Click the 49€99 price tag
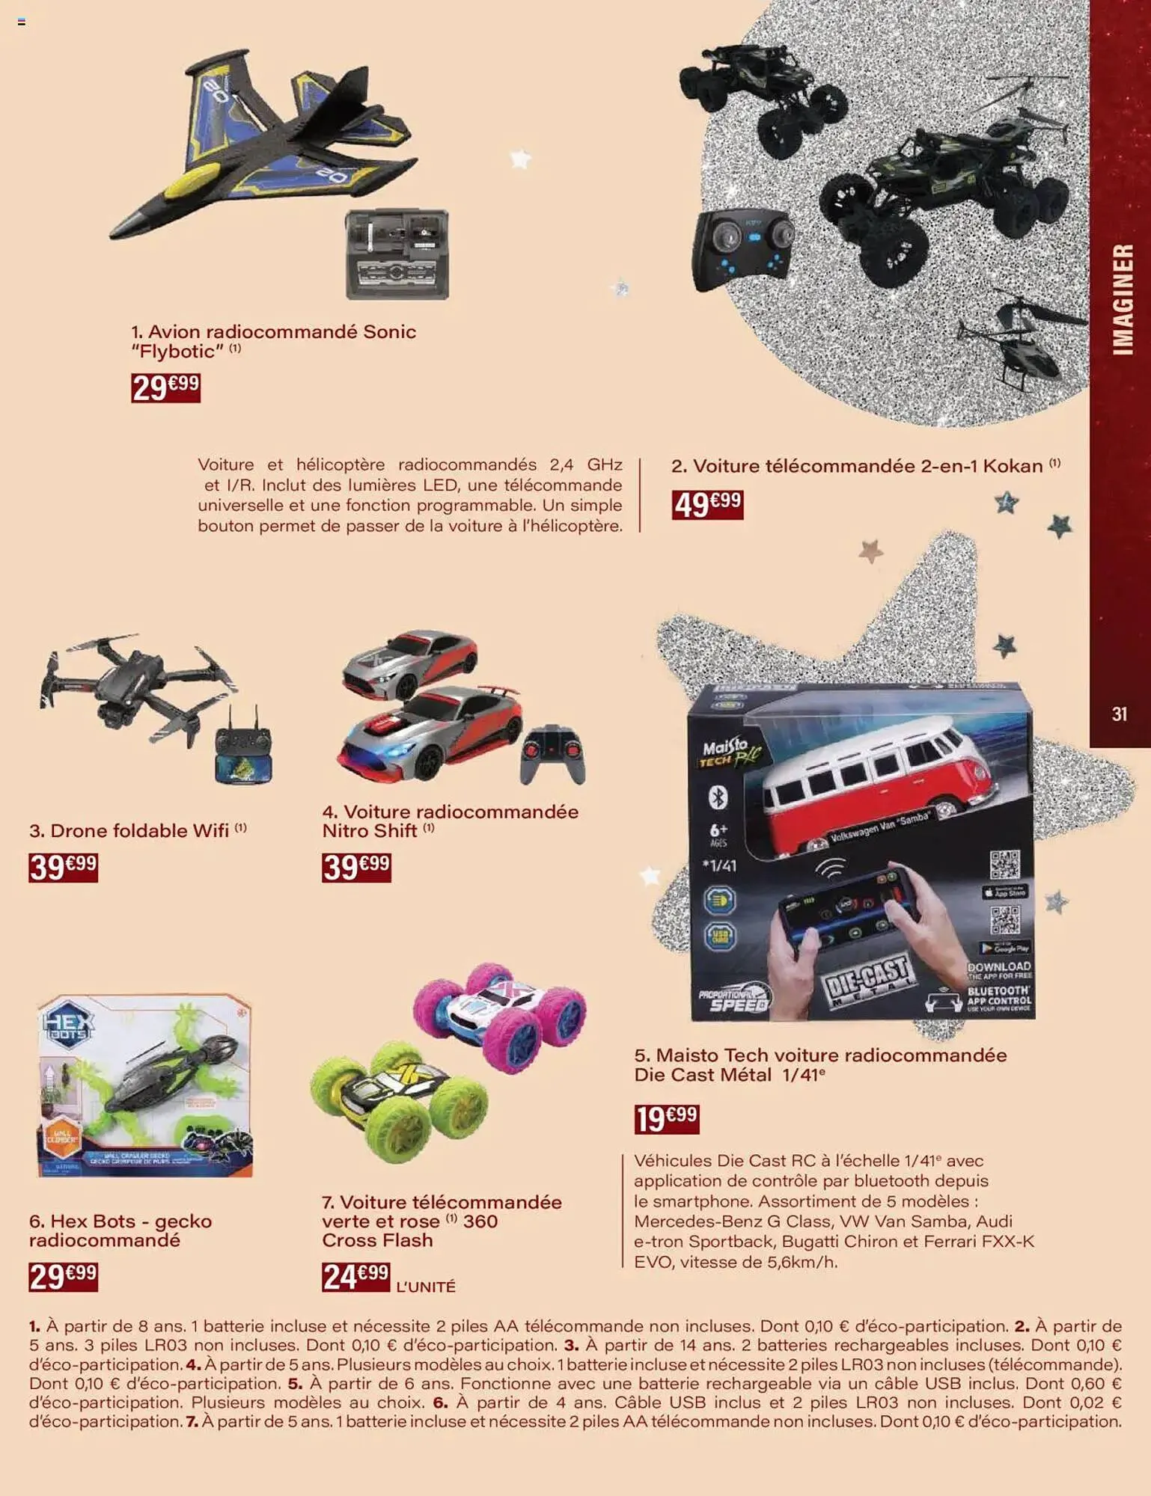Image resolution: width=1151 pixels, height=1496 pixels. (x=707, y=504)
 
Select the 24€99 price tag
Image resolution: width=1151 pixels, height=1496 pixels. (x=355, y=1277)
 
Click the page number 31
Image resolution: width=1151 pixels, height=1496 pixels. (x=1120, y=714)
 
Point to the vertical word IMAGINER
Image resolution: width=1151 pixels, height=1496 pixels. (x=1122, y=299)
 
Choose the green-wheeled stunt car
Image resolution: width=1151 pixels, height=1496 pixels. (x=397, y=1100)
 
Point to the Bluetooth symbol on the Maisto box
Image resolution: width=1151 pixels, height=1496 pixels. (x=718, y=798)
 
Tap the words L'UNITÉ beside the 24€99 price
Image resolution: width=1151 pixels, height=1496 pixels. (x=425, y=1287)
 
